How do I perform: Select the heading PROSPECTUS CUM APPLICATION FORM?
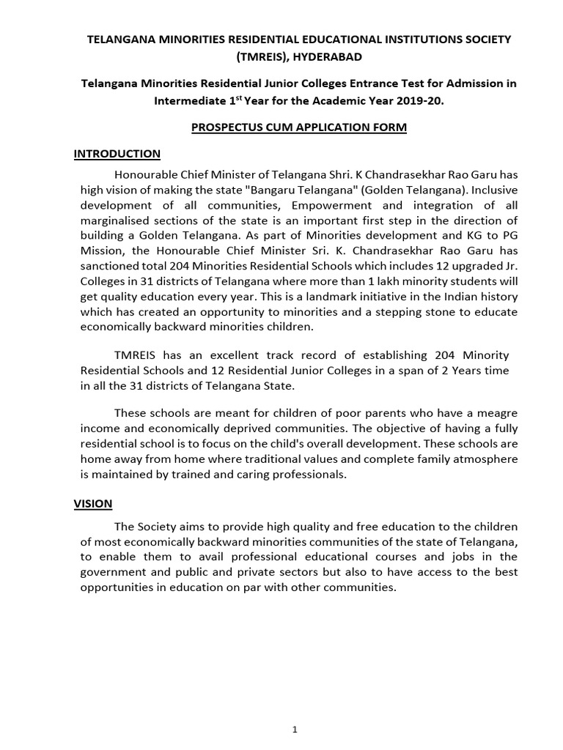pos(298,127)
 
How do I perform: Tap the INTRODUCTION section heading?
pos(117,153)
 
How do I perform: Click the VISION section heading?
pos(93,504)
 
